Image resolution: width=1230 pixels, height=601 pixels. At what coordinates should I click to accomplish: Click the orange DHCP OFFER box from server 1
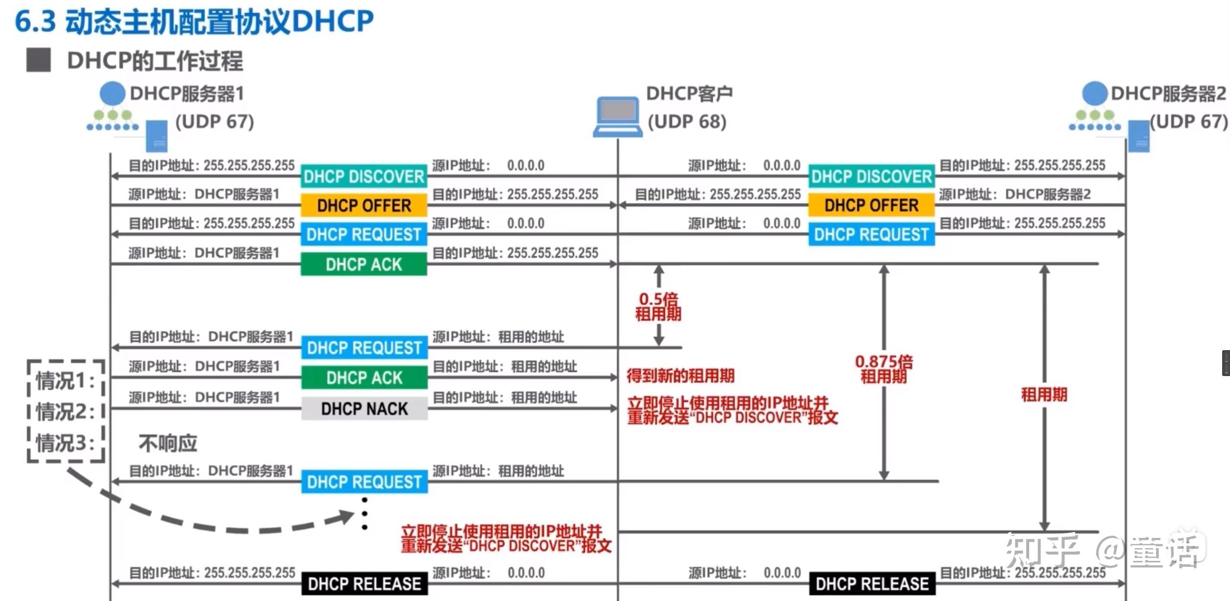coord(364,205)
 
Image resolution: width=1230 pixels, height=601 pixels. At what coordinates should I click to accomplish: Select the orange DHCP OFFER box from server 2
coord(871,205)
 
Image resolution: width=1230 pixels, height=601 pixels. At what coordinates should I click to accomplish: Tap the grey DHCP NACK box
coord(364,409)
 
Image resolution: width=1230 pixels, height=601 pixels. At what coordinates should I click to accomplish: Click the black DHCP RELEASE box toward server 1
coord(364,583)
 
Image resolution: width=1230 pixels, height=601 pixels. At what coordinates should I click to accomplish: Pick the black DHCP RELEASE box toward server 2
coord(872,583)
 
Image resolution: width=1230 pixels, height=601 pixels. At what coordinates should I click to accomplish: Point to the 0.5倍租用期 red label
coord(658,306)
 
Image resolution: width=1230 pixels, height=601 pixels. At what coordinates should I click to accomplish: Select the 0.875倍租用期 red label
coord(884,369)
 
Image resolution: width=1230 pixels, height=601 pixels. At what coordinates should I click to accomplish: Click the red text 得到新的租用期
coord(680,376)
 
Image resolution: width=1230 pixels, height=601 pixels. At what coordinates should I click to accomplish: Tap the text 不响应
coord(168,444)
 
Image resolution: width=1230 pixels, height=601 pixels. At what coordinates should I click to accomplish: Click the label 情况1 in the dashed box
coord(65,380)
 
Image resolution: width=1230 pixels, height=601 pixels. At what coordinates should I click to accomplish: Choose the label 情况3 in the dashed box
coord(65,443)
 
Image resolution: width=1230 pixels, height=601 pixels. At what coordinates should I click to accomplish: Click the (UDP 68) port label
coord(687,121)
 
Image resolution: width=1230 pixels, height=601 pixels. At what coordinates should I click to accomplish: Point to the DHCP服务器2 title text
coord(1168,93)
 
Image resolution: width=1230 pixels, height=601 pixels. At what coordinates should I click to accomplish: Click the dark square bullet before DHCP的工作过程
coord(39,60)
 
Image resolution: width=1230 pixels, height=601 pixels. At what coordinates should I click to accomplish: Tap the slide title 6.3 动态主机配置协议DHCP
coord(194,22)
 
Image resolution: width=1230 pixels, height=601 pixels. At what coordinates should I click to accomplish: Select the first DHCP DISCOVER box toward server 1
coord(364,177)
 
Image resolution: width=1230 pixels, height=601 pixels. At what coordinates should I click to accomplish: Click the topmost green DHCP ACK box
coord(364,265)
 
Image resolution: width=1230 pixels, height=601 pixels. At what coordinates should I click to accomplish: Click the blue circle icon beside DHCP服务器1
coord(112,93)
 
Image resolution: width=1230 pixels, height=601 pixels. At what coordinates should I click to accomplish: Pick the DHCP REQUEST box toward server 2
coord(871,235)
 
